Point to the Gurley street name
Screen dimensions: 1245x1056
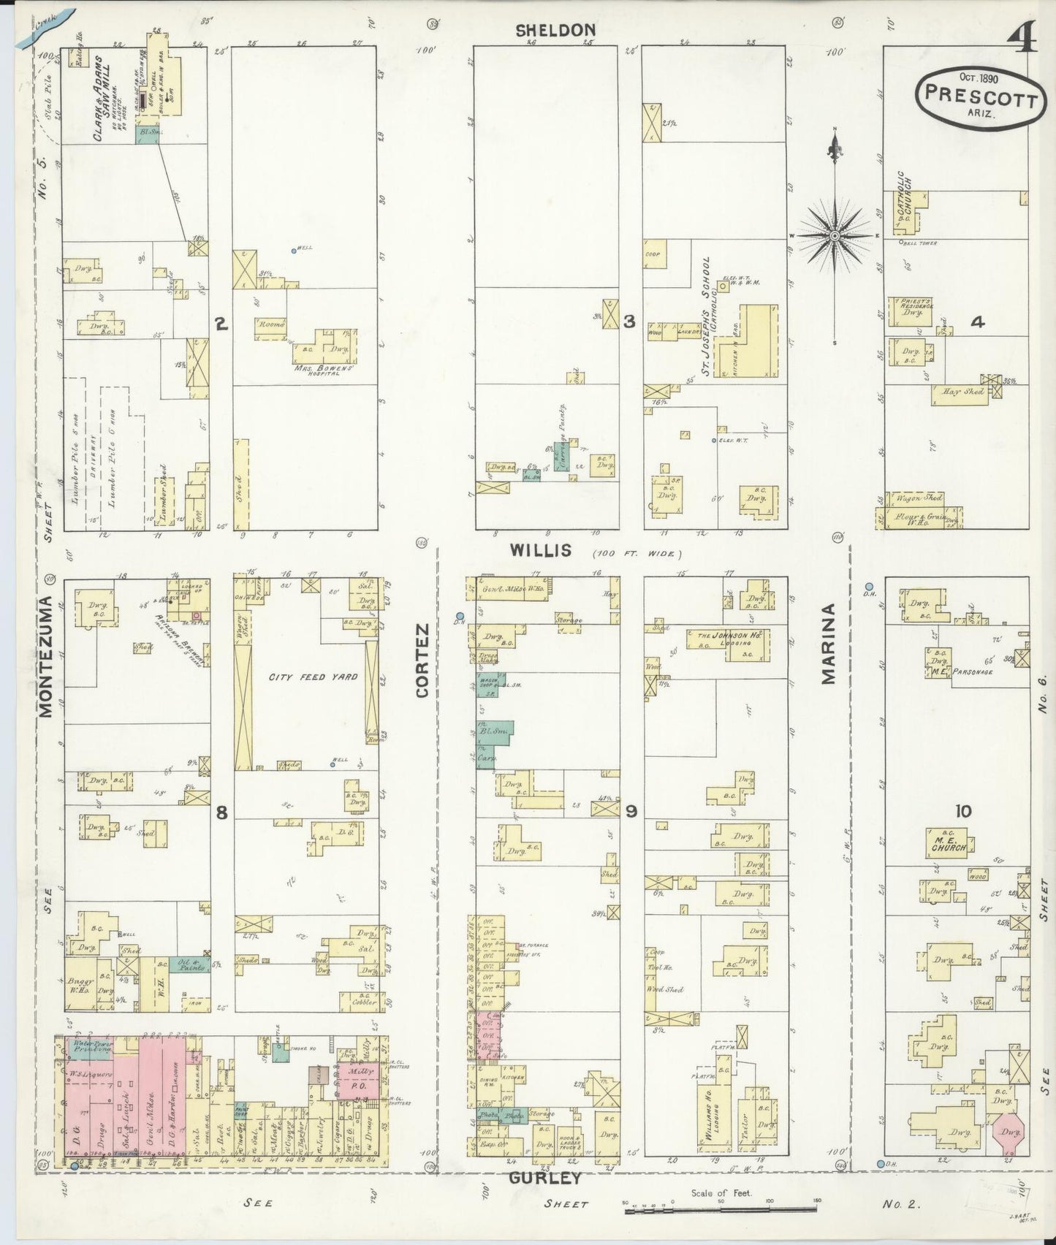(x=556, y=1179)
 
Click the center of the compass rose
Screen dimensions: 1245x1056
(x=834, y=235)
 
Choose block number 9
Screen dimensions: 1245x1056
(x=631, y=810)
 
